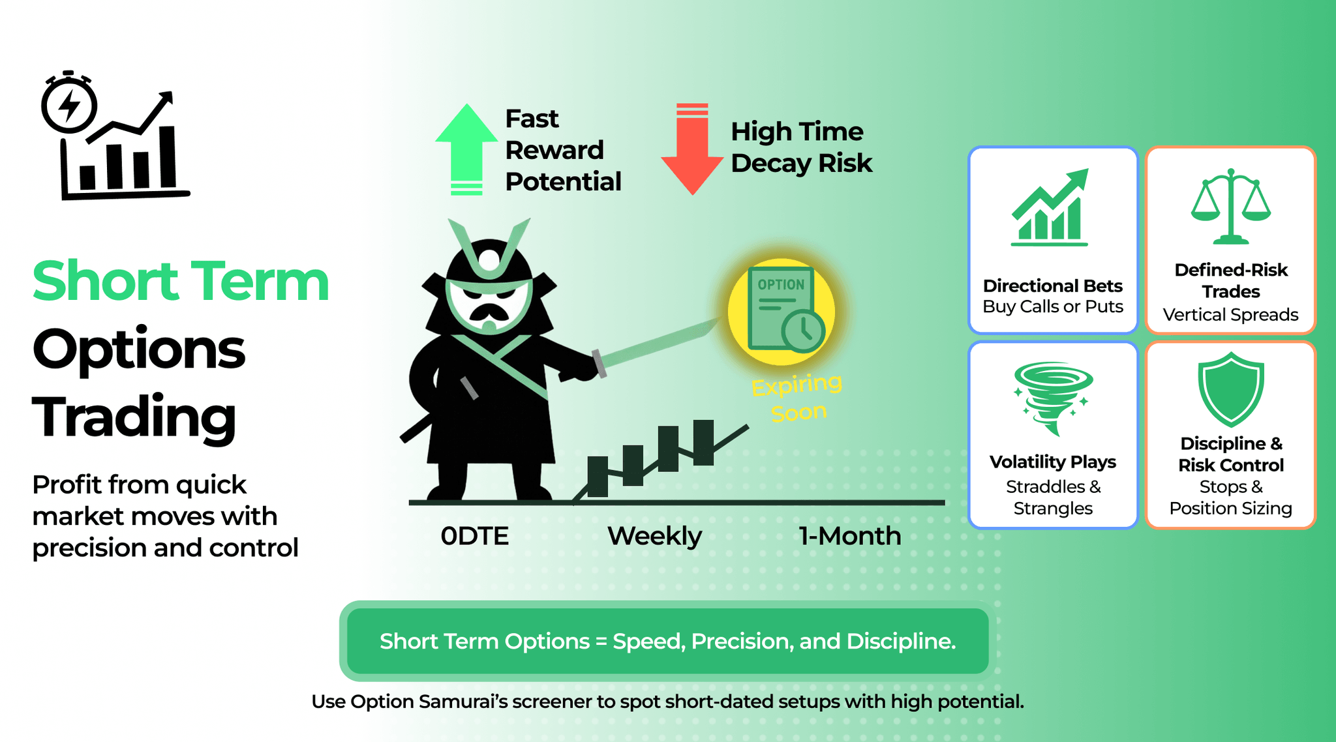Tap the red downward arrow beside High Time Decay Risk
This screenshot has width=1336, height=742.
[692, 149]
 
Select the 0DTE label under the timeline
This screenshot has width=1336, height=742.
[474, 536]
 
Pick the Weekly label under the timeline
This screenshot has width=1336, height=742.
[654, 536]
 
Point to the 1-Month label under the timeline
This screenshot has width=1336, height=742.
[849, 536]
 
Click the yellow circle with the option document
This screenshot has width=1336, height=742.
[782, 312]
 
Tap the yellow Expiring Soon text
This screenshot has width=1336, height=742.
[797, 398]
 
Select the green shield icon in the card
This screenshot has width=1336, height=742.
[1230, 389]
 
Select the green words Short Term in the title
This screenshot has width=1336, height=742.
[181, 281]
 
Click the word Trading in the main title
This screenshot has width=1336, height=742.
[134, 417]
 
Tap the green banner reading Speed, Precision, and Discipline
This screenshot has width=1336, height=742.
[667, 641]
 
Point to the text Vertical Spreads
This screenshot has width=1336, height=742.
[1230, 315]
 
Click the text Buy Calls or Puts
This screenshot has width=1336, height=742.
[1053, 306]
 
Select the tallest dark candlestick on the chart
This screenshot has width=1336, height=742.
[703, 443]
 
